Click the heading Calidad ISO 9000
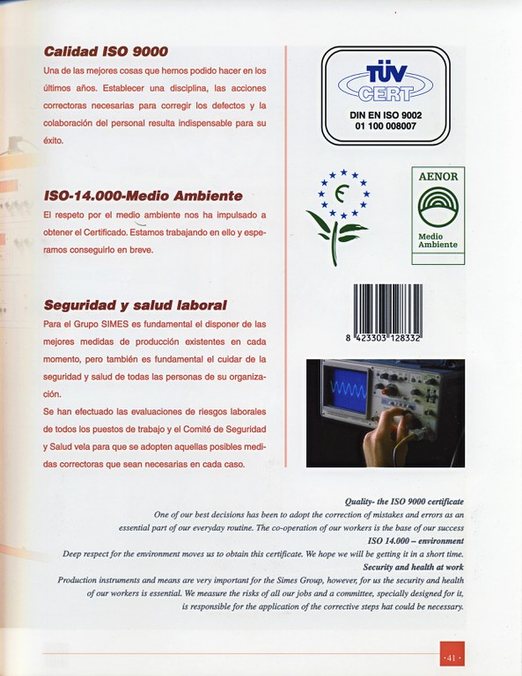coord(106,52)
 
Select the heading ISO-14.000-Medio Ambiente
coord(143,195)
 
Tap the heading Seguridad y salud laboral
coord(135,305)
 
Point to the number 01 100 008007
coord(386,126)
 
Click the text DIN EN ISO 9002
coord(386,114)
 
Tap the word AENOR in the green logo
coord(437,176)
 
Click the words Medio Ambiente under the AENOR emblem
coord(437,239)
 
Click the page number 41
coord(452,658)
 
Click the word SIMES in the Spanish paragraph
coord(123,325)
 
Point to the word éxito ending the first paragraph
coord(53,140)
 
